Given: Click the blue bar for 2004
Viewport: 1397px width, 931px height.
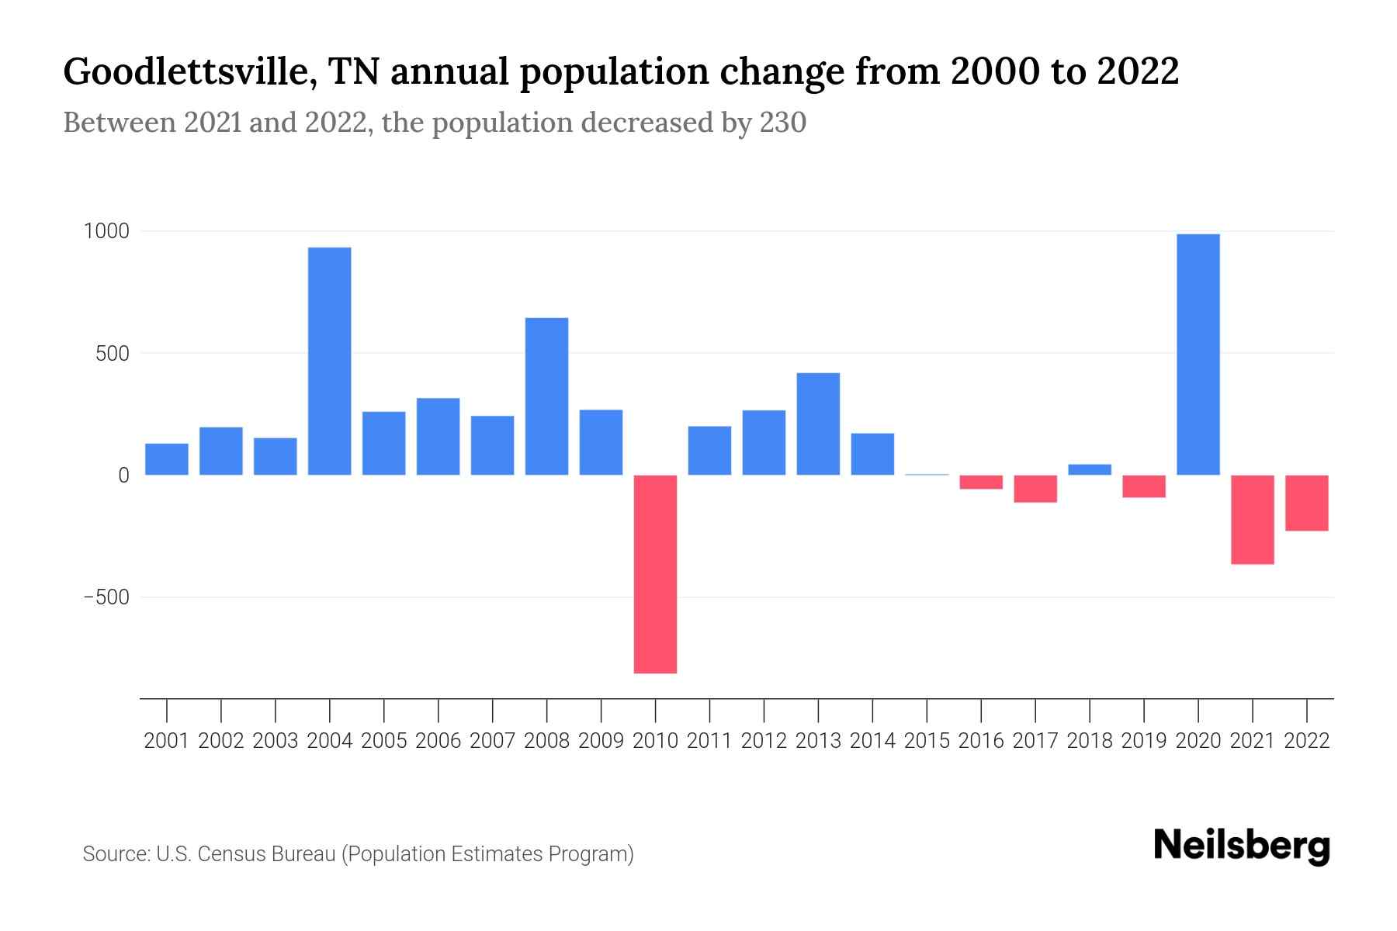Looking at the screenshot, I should pos(329,361).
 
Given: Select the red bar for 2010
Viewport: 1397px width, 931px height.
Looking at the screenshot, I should pos(655,574).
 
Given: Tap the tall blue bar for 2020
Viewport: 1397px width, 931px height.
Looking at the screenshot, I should pos(1198,355).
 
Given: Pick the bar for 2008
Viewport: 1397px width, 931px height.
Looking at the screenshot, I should pos(546,396).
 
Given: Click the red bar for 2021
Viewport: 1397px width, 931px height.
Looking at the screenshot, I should pos(1253,519).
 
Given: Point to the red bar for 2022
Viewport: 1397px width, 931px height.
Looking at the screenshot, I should pos(1307,503).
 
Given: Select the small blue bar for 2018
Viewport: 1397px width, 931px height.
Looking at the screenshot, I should pos(1090,469).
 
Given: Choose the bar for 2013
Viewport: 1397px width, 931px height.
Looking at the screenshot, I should pos(818,424).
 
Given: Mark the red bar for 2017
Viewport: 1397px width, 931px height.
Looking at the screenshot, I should pos(1035,489).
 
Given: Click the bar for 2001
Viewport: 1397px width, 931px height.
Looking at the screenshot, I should pos(167,459).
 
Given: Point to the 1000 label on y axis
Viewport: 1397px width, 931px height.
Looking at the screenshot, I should pos(106,231).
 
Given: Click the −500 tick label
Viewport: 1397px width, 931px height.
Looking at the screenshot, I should pos(106,597).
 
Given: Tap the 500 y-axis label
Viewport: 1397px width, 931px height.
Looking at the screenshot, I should pos(113,354).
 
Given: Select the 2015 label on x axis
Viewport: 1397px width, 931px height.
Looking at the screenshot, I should pos(927,741).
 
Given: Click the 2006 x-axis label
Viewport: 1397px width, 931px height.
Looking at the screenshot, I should pos(438,741).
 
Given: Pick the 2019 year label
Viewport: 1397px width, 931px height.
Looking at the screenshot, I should pos(1144,741).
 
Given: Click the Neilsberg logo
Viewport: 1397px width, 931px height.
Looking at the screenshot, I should pos(1242,846).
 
